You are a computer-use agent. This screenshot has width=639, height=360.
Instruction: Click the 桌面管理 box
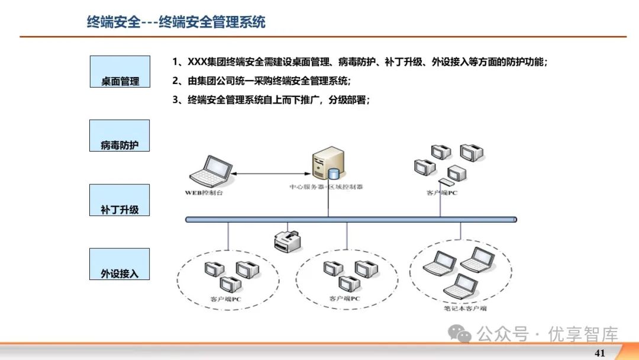coord(120,72)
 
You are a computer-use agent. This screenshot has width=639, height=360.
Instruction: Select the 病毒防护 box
coord(120,136)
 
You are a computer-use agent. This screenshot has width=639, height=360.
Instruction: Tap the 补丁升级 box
coord(120,200)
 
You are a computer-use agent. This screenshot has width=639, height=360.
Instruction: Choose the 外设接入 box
coord(120,264)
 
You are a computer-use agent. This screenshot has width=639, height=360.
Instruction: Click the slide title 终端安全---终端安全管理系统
coord(176,22)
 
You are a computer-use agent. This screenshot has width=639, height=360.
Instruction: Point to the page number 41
coord(599,353)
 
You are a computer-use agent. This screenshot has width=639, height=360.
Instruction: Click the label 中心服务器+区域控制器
coord(326,187)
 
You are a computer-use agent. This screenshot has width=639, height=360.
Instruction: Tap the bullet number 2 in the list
coord(176,81)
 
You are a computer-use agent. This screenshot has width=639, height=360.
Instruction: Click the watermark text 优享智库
coord(583,335)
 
